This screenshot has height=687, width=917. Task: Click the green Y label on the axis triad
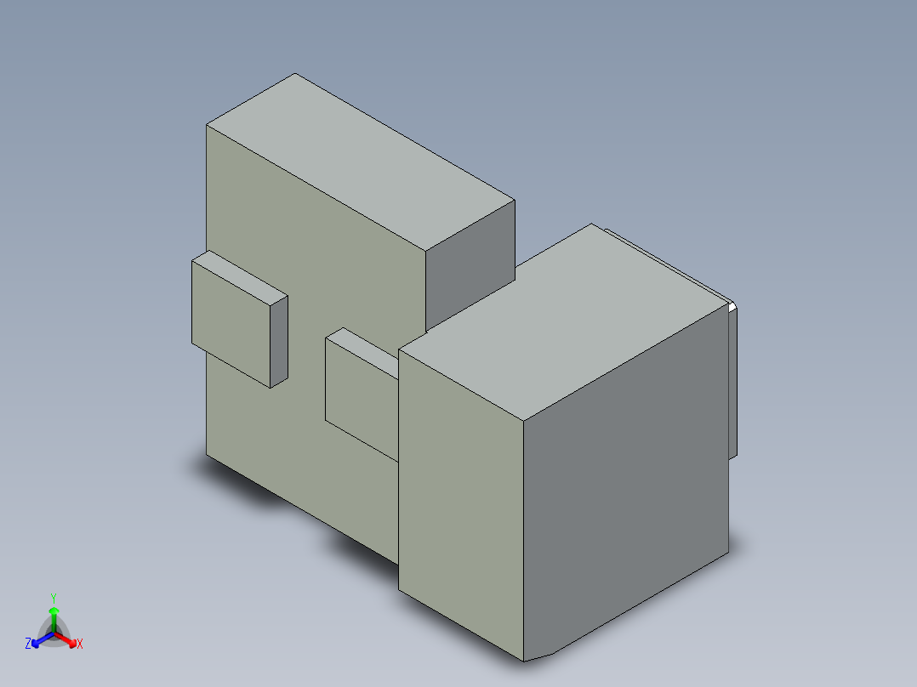pyautogui.click(x=54, y=597)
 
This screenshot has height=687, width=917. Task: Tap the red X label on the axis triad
pyautogui.click(x=79, y=644)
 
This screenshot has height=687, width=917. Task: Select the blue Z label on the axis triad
pyautogui.click(x=28, y=644)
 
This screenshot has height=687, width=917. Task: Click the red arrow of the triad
pyautogui.click(x=68, y=639)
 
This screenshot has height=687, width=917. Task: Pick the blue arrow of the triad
pyautogui.click(x=39, y=639)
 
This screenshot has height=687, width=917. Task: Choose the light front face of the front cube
pyautogui.click(x=459, y=502)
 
